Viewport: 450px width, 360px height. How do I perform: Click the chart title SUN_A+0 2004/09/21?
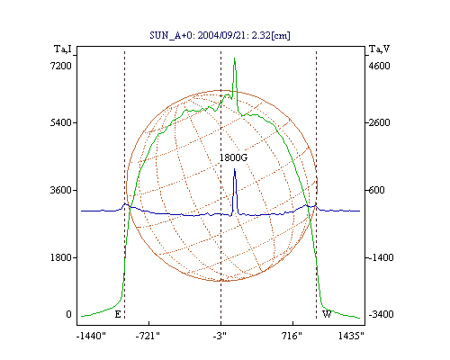[220, 35]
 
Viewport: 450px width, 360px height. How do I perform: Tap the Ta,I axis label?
[63, 49]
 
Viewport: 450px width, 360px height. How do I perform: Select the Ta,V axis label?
[379, 49]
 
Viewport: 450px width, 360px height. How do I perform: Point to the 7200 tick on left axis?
[61, 66]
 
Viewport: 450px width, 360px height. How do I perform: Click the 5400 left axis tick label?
[61, 122]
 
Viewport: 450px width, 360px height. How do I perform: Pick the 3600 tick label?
[61, 190]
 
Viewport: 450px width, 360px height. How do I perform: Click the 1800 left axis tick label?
[61, 257]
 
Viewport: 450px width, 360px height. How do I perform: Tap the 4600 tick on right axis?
[379, 66]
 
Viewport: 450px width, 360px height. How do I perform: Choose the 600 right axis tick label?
[376, 190]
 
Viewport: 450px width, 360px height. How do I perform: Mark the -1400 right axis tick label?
[380, 257]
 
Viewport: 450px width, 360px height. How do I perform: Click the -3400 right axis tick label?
[381, 314]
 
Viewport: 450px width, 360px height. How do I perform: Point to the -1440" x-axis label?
[91, 336]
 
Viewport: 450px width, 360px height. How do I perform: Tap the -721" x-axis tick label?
[148, 336]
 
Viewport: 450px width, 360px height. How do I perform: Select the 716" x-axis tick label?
[292, 336]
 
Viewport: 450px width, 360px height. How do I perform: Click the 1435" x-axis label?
[351, 336]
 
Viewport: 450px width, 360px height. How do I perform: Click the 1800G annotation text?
[233, 157]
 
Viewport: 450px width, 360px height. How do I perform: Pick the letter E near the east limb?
[118, 314]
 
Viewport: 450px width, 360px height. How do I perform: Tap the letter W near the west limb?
[327, 314]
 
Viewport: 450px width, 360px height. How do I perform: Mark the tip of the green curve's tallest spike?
[234, 58]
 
